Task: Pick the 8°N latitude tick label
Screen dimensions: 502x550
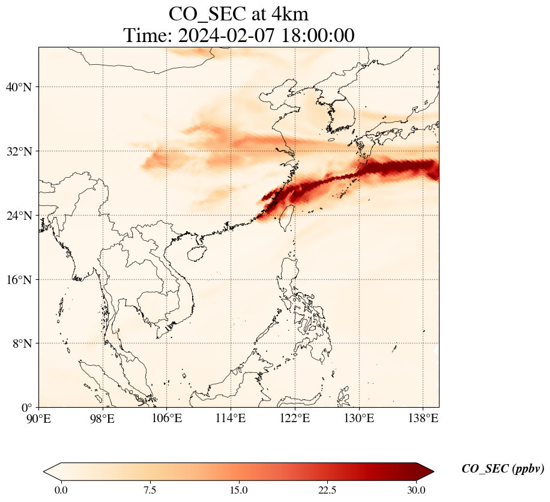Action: [x=20, y=343]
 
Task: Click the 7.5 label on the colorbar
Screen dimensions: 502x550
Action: [x=150, y=490]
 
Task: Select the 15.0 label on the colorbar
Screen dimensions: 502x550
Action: [x=239, y=490]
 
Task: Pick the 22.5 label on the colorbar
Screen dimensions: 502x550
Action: [x=328, y=490]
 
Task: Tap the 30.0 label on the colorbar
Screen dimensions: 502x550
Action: [x=416, y=490]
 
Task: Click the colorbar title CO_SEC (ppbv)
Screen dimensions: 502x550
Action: [x=503, y=469]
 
